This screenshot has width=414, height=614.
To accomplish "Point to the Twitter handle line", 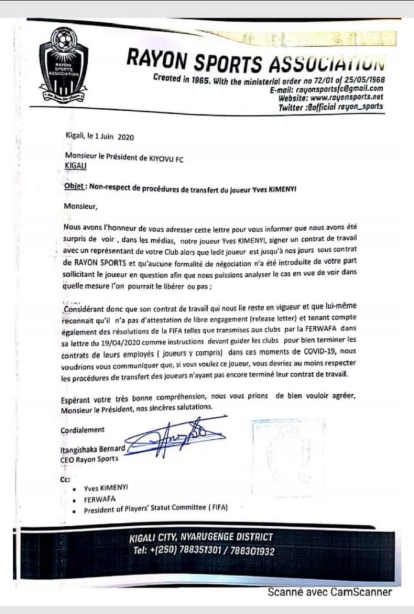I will point(331,107).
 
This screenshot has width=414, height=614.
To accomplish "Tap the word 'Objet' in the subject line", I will point(74,185).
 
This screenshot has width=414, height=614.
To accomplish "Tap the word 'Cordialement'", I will point(82,429).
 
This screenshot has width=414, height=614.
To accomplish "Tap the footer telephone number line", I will point(205,551).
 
